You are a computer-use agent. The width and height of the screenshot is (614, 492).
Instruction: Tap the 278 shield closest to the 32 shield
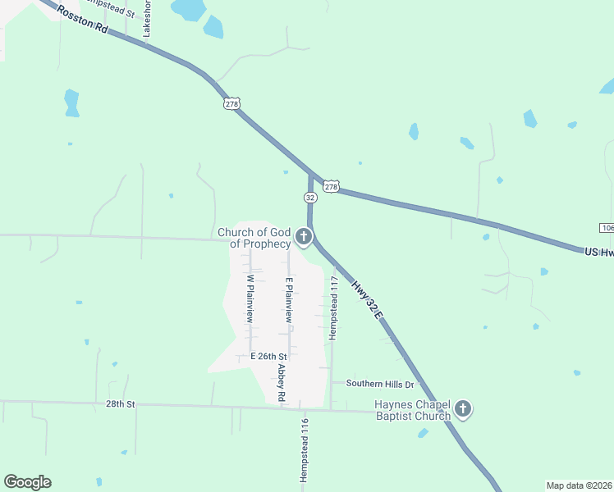pos(331,187)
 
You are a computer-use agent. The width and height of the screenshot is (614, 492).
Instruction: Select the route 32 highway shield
pos(309,198)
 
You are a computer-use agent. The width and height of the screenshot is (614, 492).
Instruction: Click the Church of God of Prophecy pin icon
pos(304,238)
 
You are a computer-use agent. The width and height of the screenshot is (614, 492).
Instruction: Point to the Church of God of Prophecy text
pos(254,238)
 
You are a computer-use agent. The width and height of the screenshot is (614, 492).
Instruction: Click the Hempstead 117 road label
pos(334,307)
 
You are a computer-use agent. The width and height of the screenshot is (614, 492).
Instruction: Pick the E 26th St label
pos(268,357)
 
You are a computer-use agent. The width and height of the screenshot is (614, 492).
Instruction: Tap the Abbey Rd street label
pos(281,383)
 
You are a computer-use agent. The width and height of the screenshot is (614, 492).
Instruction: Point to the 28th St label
pos(119,404)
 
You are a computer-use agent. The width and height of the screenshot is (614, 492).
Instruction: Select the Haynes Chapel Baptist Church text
pos(412,410)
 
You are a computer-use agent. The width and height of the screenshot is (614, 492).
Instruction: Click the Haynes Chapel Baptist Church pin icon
pos(463,408)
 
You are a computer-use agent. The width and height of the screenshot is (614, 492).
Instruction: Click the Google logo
pos(27,482)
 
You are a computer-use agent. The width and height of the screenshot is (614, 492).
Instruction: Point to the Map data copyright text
pos(580,485)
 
